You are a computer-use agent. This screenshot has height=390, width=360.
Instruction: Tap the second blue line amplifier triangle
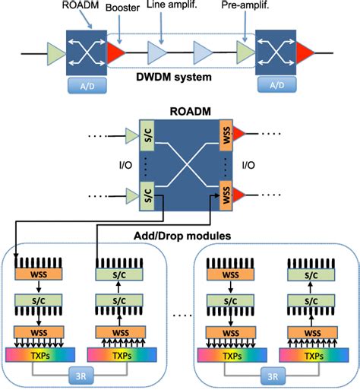click(x=203, y=52)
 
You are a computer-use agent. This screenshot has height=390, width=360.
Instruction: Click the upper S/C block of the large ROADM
click(x=147, y=134)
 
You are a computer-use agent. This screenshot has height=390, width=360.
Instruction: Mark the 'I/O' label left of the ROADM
click(x=109, y=163)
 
